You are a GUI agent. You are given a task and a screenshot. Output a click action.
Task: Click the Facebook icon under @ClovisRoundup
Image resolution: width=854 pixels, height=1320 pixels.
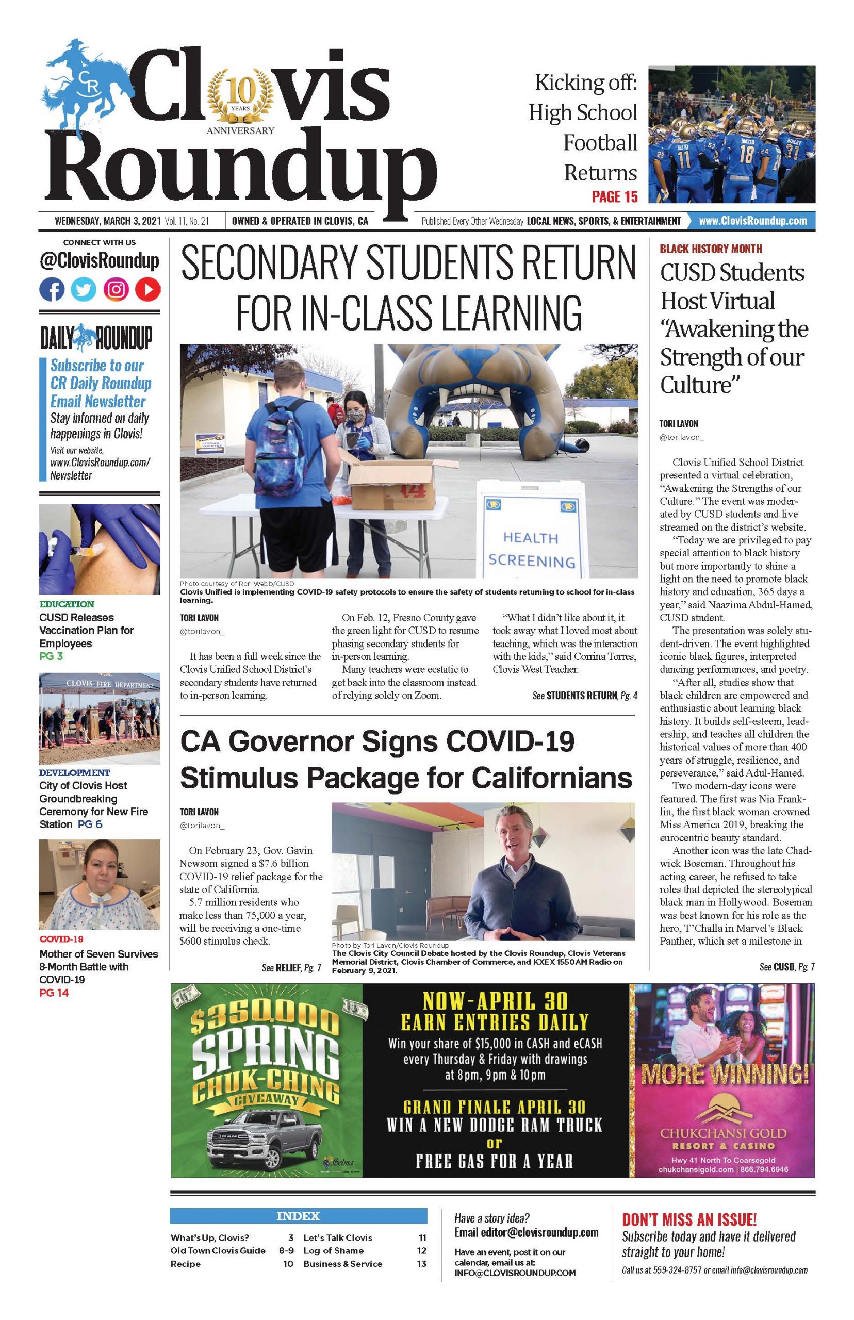[52, 289]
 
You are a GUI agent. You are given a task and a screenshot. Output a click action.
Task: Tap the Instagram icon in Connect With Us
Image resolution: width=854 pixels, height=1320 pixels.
[116, 289]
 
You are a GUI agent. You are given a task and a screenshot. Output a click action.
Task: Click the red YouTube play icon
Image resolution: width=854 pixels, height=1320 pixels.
[148, 289]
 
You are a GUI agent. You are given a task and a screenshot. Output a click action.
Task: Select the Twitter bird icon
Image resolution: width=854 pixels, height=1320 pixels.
[84, 289]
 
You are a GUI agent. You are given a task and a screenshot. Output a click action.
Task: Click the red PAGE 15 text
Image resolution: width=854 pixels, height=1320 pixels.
[614, 196]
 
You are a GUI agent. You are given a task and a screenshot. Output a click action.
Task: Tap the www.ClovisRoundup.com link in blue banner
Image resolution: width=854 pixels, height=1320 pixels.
[752, 221]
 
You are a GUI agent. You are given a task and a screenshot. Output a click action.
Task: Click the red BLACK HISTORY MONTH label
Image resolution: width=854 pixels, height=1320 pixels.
[710, 249]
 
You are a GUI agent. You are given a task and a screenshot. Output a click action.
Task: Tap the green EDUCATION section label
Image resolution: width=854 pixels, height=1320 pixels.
[67, 604]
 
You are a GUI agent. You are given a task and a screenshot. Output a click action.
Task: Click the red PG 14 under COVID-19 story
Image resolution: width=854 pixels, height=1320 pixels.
[54, 993]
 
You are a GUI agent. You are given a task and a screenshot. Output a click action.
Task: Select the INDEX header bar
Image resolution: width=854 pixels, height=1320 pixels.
[299, 1216]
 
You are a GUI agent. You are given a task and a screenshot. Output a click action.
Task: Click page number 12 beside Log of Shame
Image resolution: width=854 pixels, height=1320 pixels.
[421, 1250]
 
